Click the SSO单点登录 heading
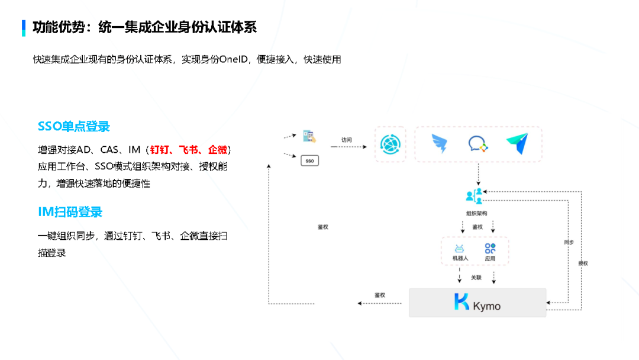coord(74,127)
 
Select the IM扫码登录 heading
coord(70,212)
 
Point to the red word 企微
coord(218,150)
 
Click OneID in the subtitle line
coord(236,59)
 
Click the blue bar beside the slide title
coord(24,27)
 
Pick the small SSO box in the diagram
coord(310,160)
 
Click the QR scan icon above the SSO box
coord(309,136)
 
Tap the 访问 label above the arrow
coord(347,140)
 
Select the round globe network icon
coord(390,144)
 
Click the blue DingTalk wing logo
coord(440,144)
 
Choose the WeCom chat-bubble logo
coord(477,144)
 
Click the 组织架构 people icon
coord(475,196)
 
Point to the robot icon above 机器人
coord(460,249)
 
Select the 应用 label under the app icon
coord(490,259)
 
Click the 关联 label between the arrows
coord(476,277)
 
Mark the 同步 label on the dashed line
coord(569,242)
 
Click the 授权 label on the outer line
coord(583,263)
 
